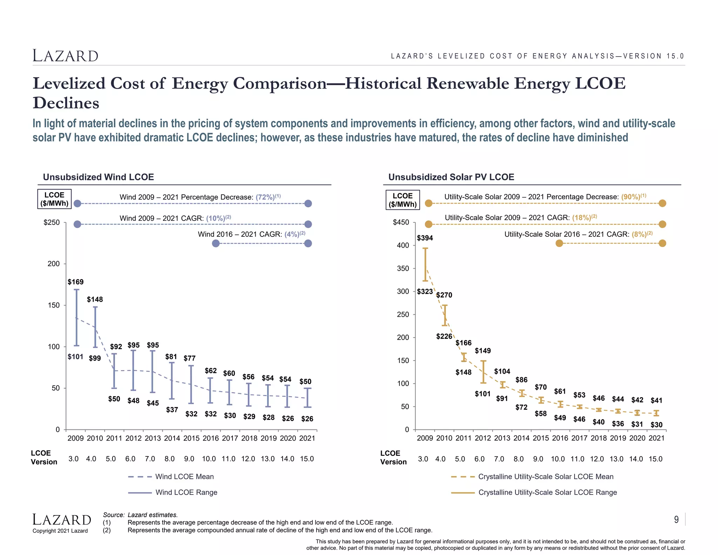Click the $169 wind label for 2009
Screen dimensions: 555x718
[75, 282]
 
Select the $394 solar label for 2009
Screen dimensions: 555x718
[425, 238]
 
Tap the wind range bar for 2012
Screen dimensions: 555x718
[133, 370]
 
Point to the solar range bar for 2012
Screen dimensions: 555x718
[483, 372]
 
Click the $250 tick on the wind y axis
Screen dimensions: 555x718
[52, 223]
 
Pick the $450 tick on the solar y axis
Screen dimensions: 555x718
[401, 223]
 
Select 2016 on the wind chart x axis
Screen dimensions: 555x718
[210, 438]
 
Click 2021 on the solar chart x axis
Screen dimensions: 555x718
[656, 438]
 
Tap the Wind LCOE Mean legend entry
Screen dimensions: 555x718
[184, 477]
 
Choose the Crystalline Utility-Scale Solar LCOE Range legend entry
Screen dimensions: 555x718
[547, 493]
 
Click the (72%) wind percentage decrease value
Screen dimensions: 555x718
[265, 197]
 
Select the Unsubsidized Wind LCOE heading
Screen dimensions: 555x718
[99, 177]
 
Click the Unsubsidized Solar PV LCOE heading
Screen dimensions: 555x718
[451, 177]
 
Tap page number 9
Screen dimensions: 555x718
[676, 520]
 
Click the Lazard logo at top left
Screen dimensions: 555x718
[66, 56]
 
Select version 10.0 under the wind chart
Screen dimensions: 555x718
[209, 459]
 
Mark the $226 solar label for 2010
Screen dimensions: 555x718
[444, 336]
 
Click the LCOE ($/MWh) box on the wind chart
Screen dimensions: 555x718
[54, 199]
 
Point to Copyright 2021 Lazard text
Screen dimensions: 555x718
[60, 531]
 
